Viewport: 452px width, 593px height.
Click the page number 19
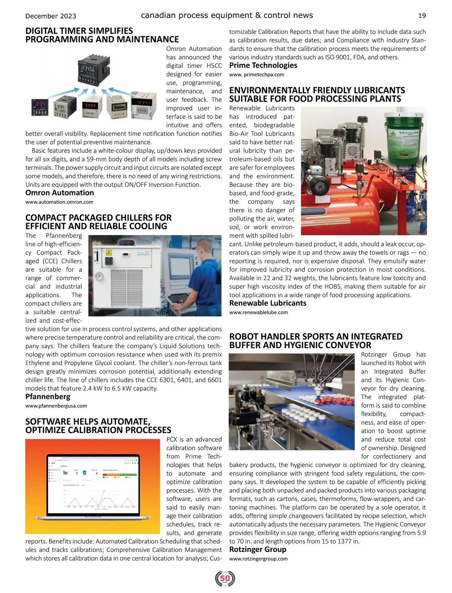click(422, 16)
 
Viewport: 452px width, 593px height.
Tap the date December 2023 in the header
click(50, 16)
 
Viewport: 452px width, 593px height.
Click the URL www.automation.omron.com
click(59, 202)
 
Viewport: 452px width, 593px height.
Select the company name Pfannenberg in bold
click(48, 396)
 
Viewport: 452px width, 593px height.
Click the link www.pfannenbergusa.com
click(56, 406)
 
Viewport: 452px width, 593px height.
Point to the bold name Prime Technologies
click(263, 65)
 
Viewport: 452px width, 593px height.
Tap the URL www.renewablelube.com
click(258, 312)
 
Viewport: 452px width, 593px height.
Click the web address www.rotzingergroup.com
click(258, 559)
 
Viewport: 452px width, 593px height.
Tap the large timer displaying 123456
click(91, 72)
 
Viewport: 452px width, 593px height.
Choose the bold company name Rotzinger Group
click(258, 549)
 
